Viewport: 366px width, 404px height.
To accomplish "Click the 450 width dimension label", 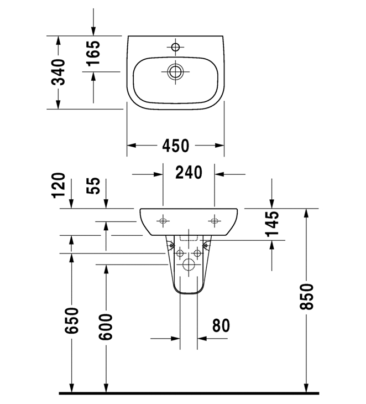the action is click(176, 146).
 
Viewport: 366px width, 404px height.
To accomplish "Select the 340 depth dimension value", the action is click(59, 72).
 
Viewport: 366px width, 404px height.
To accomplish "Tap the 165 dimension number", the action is click(93, 53).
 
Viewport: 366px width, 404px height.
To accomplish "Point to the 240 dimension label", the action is click(189, 173).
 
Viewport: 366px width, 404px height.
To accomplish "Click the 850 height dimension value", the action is click(307, 297).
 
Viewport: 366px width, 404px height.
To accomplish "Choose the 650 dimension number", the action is click(71, 320).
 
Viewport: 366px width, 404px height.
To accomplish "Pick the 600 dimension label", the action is click(106, 327).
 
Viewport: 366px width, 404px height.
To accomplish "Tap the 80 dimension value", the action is click(221, 325).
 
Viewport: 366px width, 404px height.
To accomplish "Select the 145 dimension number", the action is click(272, 224).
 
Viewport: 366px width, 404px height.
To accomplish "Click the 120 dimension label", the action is click(59, 185).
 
